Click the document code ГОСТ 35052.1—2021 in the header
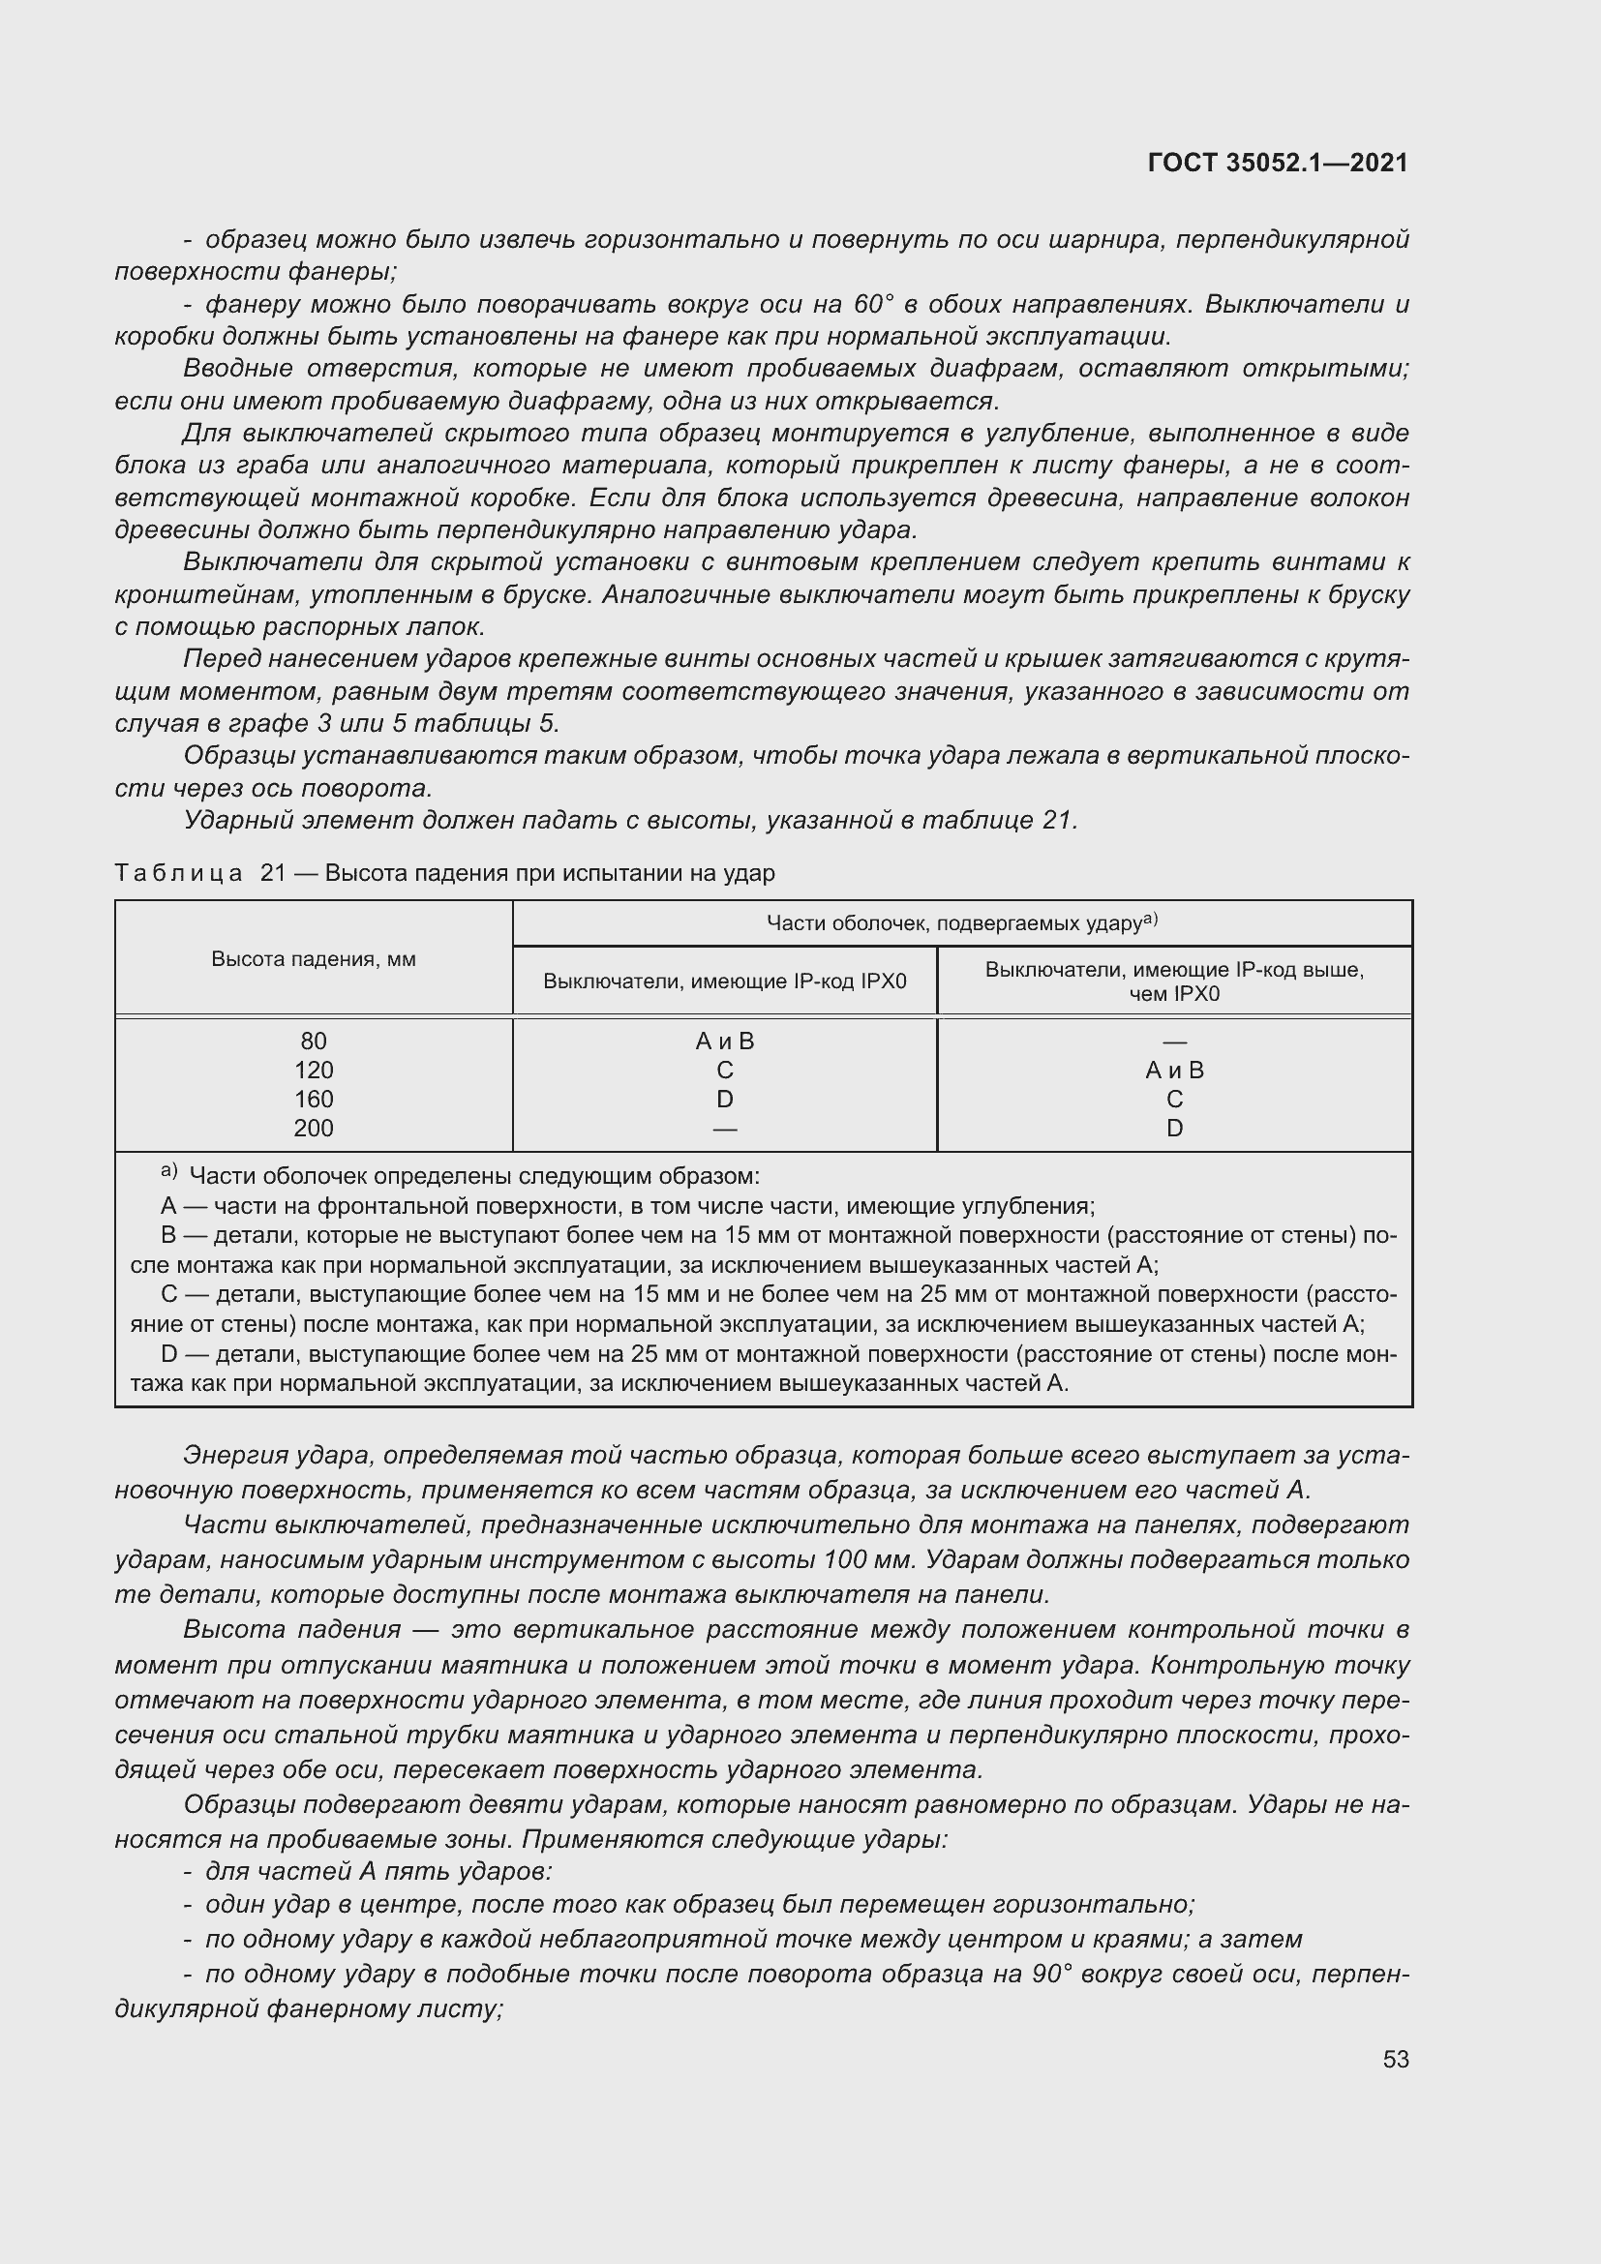[1278, 163]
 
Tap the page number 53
[1395, 2059]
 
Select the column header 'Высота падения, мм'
[314, 959]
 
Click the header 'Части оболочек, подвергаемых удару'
[961, 923]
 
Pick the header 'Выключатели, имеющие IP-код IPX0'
[725, 981]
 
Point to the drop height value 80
[314, 1041]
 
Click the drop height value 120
[314, 1070]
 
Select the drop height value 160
[314, 1099]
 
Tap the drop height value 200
[314, 1128]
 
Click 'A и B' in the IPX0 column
[725, 1041]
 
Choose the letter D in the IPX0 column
[725, 1099]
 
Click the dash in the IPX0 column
[725, 1128]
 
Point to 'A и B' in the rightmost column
[1174, 1070]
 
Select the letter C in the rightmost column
[1174, 1099]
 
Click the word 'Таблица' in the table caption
[178, 874]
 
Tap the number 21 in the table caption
[273, 874]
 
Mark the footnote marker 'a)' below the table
[168, 1171]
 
